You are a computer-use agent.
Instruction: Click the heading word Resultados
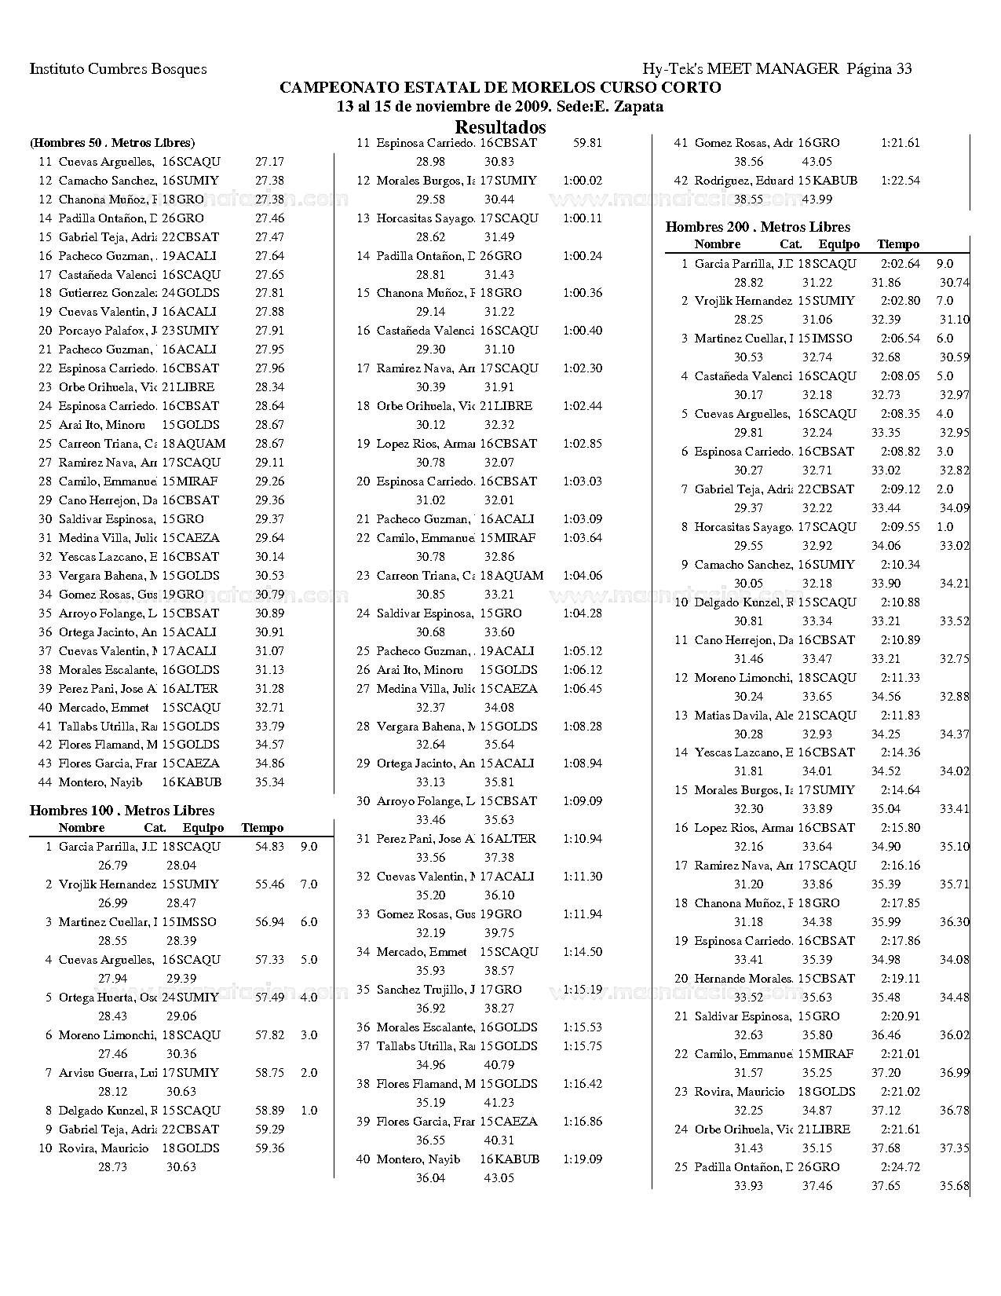[500, 126]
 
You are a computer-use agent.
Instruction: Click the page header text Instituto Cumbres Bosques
[118, 69]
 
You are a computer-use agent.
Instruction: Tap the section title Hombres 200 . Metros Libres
[758, 227]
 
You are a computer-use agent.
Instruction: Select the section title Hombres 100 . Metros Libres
[122, 811]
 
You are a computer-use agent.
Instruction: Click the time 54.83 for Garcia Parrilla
[269, 847]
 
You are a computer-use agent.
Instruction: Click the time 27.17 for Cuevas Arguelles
[269, 162]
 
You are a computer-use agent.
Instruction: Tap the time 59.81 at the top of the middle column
[587, 143]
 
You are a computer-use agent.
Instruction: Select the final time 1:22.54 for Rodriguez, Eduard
[901, 181]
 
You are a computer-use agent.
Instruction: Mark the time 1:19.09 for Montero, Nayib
[583, 1159]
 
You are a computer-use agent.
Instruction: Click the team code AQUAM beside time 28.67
[201, 444]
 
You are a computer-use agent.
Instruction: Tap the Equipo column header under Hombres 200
[838, 244]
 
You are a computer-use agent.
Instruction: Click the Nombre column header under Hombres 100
[81, 828]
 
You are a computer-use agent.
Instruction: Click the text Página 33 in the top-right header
[879, 69]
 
